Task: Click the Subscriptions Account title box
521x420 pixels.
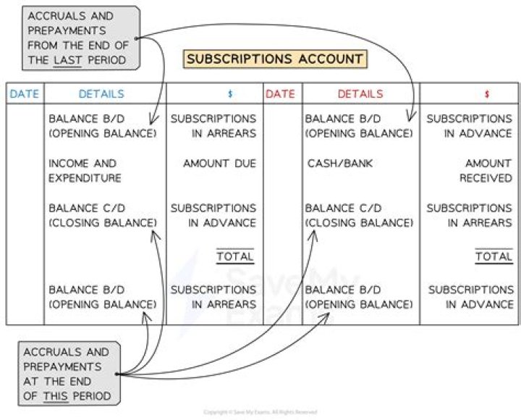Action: pos(274,59)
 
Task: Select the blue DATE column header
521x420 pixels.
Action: pos(25,94)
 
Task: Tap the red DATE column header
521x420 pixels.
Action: pos(281,94)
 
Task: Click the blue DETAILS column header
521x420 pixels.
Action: pos(101,94)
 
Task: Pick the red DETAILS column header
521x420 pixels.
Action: pos(360,94)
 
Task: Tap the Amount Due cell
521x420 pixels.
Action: pos(219,164)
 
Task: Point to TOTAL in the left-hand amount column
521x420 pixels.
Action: pos(235,256)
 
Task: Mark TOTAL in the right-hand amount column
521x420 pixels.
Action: pos(494,256)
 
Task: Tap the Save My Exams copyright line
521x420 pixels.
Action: pos(260,412)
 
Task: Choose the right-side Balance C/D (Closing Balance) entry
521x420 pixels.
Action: pos(359,215)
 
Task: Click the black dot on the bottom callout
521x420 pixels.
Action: pos(117,374)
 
